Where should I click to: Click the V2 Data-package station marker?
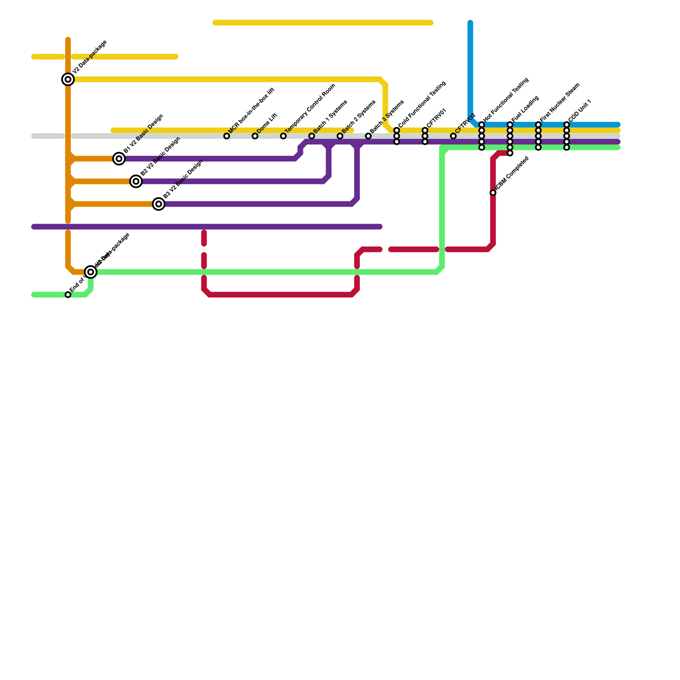coord(68,79)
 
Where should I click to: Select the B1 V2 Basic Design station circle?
coord(119,159)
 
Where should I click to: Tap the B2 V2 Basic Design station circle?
coord(136,181)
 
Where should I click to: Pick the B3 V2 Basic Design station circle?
coord(159,204)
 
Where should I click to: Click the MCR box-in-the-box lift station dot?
coord(227,136)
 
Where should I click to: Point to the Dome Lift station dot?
coord(255,136)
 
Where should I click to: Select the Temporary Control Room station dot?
coord(283,136)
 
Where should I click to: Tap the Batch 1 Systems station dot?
coord(312,136)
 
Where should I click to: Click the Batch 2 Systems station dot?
coord(340,136)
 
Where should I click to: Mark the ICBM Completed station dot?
coord(493,193)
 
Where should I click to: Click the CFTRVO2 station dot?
coord(453,136)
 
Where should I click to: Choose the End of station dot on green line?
coord(68,295)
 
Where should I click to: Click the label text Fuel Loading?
coord(526,109)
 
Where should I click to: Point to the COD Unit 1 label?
coord(580,110)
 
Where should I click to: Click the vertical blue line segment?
coord(470,68)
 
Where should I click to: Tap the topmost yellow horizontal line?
coord(323,23)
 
